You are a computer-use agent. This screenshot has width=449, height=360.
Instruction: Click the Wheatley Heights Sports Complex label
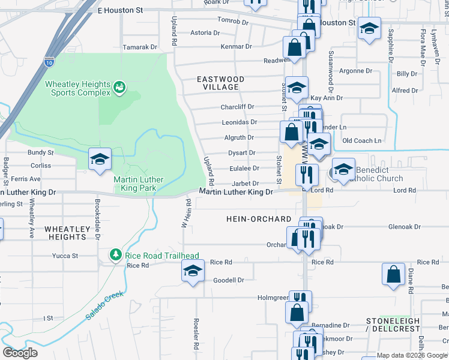click(78, 88)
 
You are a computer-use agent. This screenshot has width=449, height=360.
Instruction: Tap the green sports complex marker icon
click(119, 88)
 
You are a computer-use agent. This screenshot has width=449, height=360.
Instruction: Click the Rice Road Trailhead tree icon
click(116, 255)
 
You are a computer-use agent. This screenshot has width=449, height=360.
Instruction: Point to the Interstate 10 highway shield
click(49, 61)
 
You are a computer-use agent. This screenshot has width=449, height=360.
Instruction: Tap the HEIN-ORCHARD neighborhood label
click(259, 219)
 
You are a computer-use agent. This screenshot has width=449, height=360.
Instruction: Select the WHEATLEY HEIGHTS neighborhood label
click(65, 233)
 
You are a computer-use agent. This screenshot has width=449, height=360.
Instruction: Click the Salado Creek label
click(104, 305)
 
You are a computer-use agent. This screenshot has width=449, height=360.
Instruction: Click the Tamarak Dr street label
click(139, 46)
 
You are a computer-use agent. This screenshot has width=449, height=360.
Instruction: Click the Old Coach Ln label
click(362, 140)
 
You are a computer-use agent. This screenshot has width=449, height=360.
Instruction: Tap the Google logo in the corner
click(20, 353)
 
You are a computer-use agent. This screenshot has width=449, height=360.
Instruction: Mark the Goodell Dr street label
click(229, 280)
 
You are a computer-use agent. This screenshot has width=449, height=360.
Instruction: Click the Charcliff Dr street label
click(237, 107)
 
